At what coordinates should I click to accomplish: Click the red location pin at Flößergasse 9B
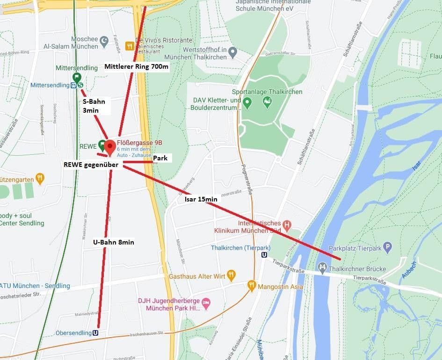click(x=110, y=146)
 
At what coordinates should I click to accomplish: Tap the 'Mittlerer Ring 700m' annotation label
click(x=136, y=66)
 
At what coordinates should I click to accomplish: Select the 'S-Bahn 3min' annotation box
click(x=94, y=106)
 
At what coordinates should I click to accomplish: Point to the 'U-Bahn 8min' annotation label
click(x=114, y=242)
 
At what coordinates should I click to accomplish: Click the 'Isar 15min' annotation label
click(x=201, y=199)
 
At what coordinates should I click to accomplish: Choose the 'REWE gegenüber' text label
click(x=91, y=165)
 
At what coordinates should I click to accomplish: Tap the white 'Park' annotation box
click(x=160, y=158)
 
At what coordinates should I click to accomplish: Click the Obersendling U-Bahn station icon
click(x=96, y=333)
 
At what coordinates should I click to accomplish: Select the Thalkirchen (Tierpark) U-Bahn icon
click(x=264, y=255)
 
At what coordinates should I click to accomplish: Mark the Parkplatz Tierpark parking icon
click(x=387, y=247)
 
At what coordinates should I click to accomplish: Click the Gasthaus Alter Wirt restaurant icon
click(x=231, y=276)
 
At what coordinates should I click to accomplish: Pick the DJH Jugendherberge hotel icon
click(x=206, y=304)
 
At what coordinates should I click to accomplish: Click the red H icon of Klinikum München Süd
click(x=287, y=226)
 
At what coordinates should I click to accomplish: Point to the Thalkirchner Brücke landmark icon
click(x=322, y=268)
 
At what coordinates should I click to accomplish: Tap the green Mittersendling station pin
click(x=77, y=78)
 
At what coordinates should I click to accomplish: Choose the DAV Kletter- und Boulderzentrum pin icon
click(x=248, y=102)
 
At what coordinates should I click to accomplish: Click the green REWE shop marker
click(x=101, y=145)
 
